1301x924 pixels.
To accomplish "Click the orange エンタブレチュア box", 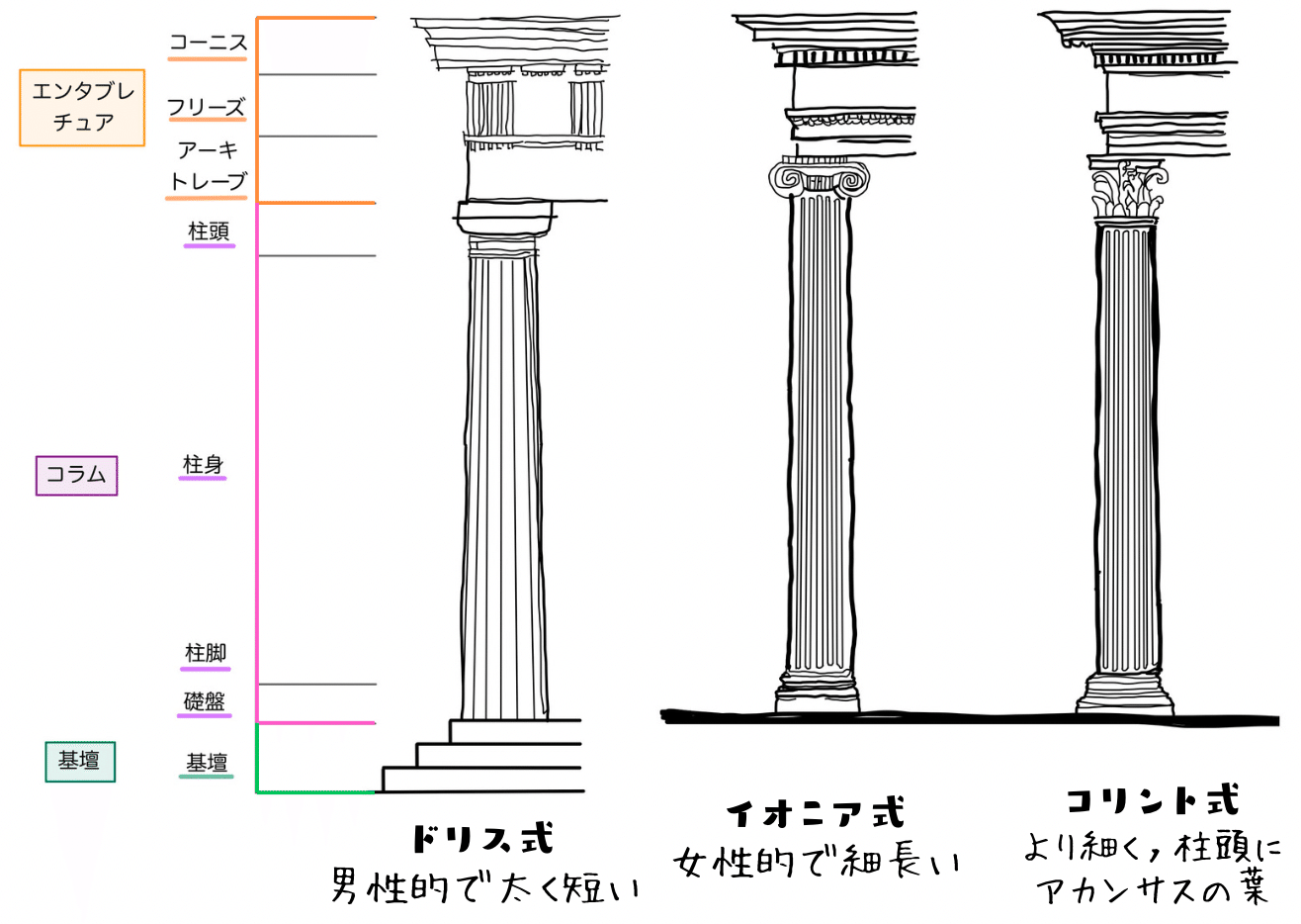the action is click(x=82, y=108).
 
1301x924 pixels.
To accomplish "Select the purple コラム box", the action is click(x=76, y=475).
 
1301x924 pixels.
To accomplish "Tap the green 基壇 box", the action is click(x=79, y=761).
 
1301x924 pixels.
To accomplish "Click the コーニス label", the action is click(x=207, y=43).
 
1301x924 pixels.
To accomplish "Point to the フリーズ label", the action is click(x=206, y=107).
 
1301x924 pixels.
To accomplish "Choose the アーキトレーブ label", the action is click(x=208, y=166).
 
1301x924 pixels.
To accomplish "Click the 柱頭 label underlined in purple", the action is click(x=209, y=231).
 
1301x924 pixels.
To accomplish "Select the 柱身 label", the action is click(x=203, y=465).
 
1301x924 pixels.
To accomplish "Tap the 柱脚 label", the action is click(x=206, y=653).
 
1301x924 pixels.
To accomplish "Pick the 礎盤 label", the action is click(x=205, y=701).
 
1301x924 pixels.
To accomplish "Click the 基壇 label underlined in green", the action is click(x=207, y=763).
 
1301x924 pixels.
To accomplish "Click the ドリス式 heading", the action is click(x=481, y=839).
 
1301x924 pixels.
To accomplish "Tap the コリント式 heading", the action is click(x=1152, y=800).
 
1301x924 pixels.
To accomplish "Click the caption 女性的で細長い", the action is click(x=817, y=863).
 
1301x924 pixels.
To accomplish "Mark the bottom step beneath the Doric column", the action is click(x=482, y=780).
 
